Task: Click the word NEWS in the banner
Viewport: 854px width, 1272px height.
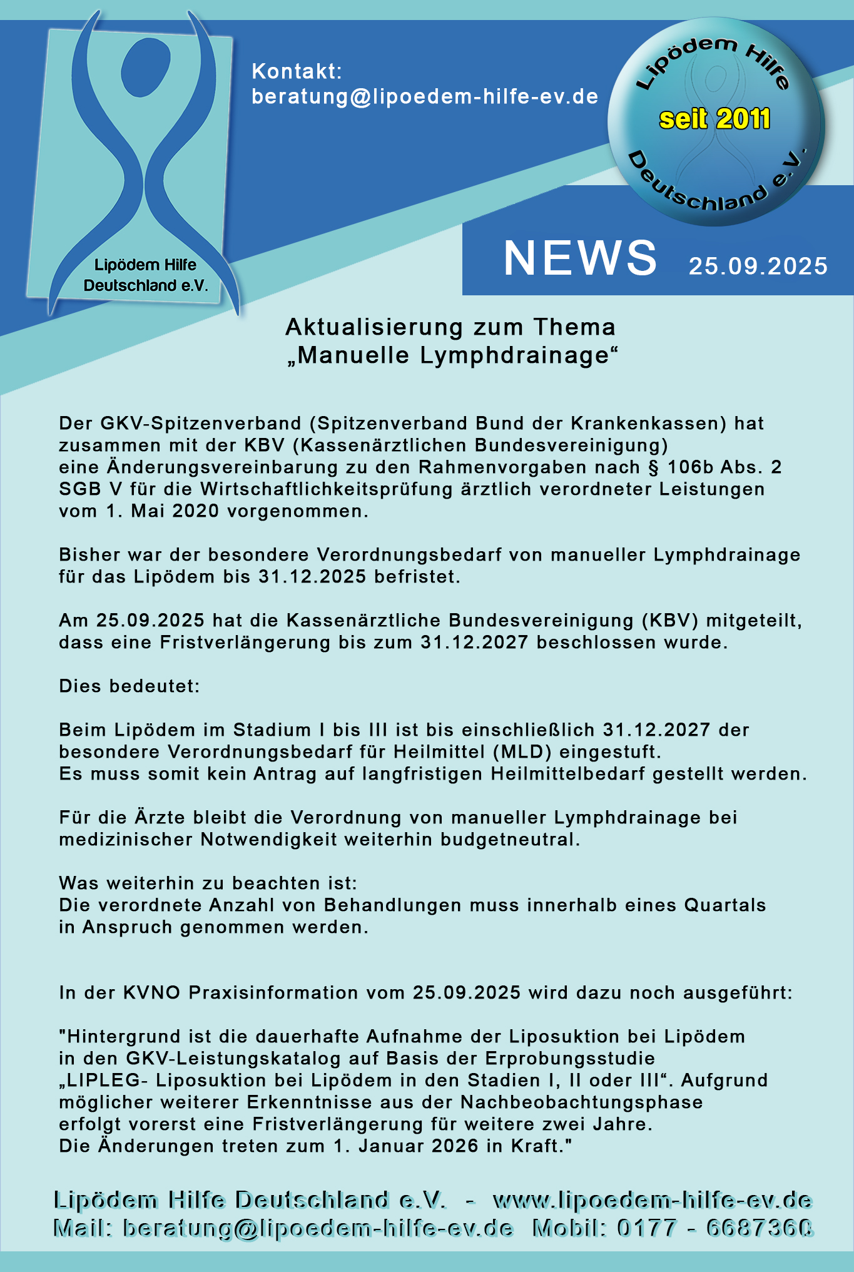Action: click(580, 258)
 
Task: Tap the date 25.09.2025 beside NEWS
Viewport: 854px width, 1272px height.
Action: click(758, 267)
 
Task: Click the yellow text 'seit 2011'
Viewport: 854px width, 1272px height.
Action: click(714, 119)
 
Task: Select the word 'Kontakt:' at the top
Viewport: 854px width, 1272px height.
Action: click(297, 71)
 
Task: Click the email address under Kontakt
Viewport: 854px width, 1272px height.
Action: click(425, 96)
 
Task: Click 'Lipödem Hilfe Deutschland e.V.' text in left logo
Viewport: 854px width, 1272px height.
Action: click(145, 275)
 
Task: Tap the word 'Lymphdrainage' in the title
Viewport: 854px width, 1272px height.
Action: click(515, 355)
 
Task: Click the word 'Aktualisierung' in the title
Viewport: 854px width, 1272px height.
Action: click(375, 327)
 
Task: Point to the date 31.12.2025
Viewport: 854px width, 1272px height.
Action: click(312, 577)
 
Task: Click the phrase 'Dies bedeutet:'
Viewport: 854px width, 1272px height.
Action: click(130, 686)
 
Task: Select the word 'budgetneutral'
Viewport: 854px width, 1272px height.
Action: click(507, 839)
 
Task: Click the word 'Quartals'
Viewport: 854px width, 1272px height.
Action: click(724, 905)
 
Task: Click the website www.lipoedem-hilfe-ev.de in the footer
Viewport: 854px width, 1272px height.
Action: click(653, 1200)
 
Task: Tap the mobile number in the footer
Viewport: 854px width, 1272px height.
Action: click(715, 1228)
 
